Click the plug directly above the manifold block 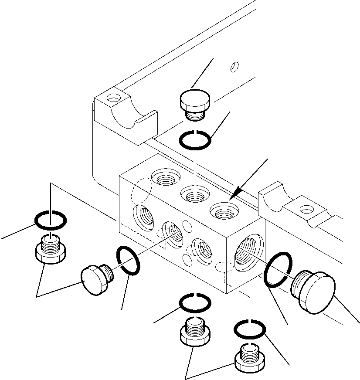tap(194, 105)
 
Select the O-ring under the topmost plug tap(196, 140)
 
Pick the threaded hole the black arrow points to tap(224, 211)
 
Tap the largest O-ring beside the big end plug tap(278, 270)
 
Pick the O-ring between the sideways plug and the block tap(127, 261)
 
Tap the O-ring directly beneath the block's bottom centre tap(195, 303)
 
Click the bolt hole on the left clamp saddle tap(114, 98)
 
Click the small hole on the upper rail tap(234, 66)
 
